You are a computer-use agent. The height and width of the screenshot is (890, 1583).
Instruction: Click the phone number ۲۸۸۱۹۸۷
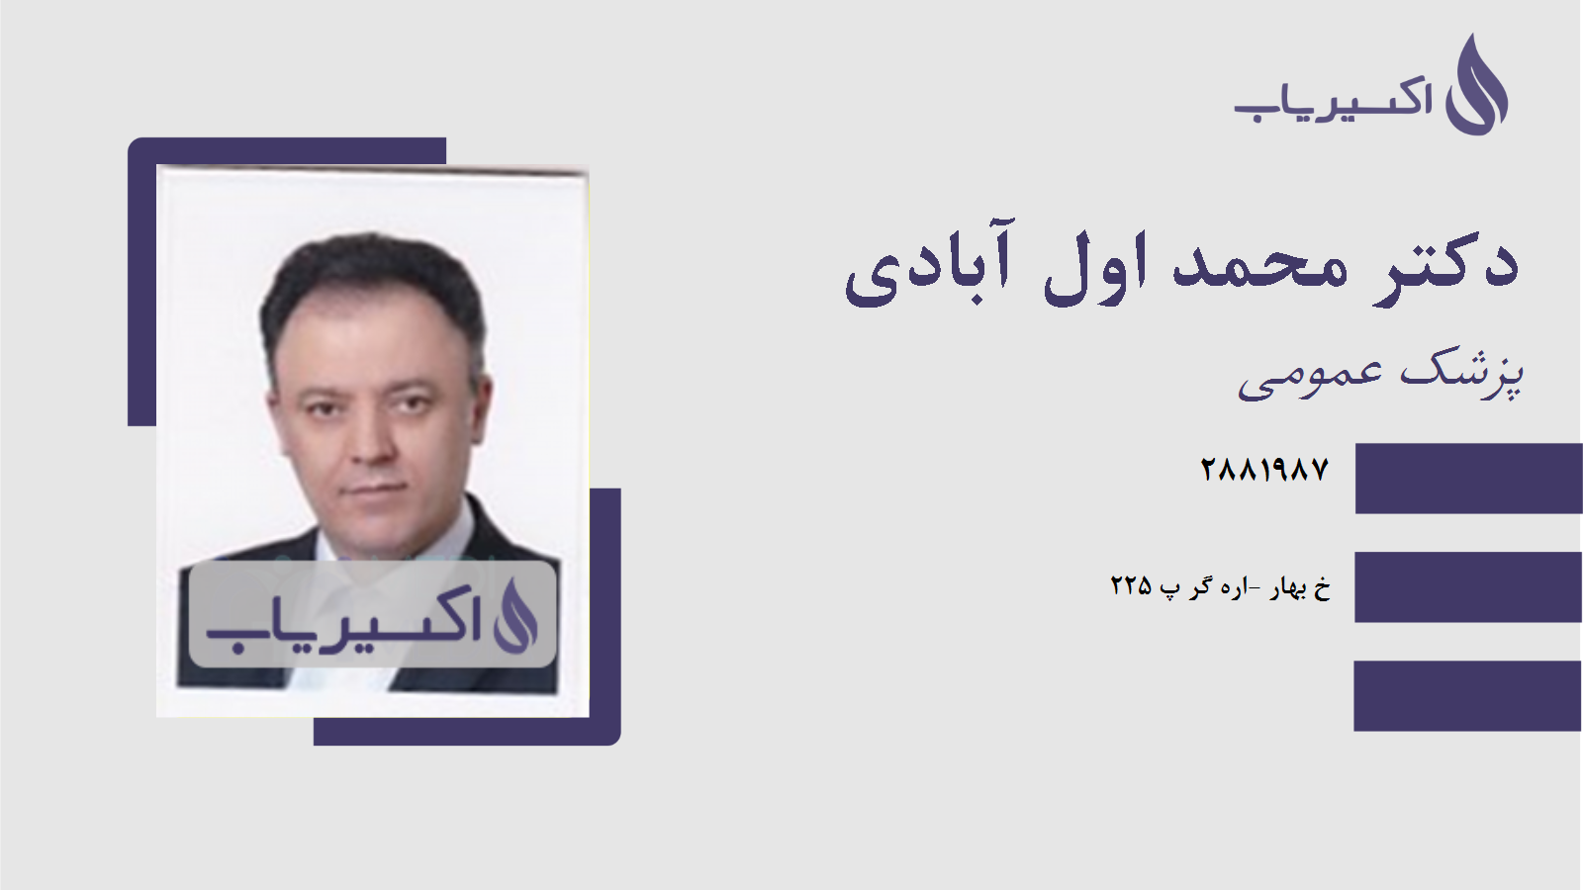1264,470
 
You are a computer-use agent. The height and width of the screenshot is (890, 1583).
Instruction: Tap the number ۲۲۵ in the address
1131,586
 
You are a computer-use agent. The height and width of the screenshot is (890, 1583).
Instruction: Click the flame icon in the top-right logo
1476,87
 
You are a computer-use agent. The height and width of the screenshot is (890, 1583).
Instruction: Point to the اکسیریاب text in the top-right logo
1333,100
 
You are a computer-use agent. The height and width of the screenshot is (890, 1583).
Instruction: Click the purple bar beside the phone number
1468,479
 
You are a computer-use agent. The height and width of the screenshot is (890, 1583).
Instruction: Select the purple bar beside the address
1468,587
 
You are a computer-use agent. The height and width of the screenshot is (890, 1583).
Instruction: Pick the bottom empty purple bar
1468,696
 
